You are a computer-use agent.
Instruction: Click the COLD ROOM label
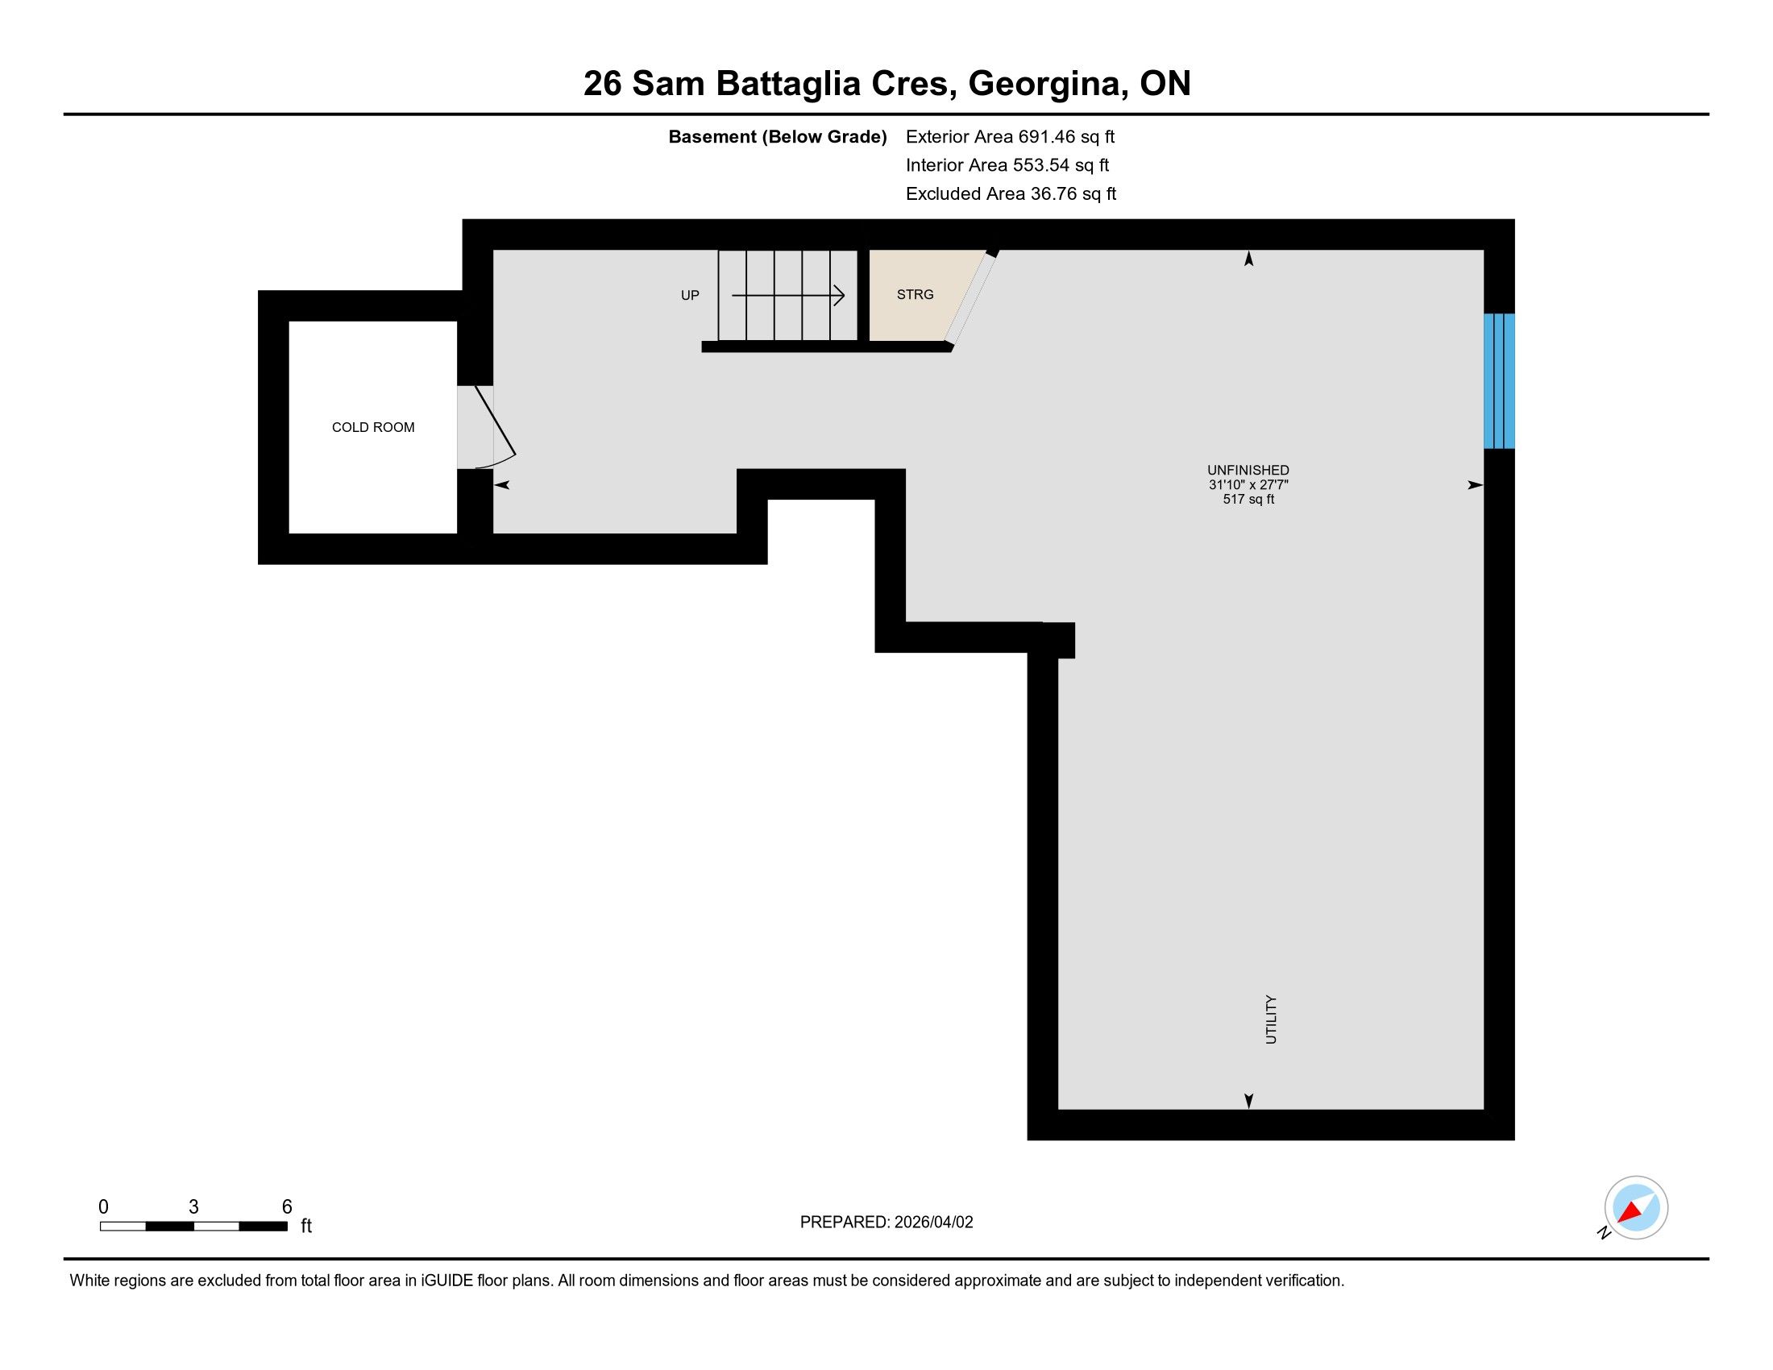(x=372, y=427)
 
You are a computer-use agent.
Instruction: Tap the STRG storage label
(x=915, y=295)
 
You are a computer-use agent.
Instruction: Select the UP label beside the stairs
(x=690, y=296)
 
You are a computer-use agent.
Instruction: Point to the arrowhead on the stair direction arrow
(x=840, y=296)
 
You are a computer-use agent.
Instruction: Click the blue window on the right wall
(x=1500, y=380)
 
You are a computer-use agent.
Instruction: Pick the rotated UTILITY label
(x=1271, y=1019)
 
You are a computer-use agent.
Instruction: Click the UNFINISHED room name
(x=1248, y=470)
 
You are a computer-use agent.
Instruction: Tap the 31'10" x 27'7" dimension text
(x=1248, y=484)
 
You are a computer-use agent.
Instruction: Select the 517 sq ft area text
(x=1248, y=499)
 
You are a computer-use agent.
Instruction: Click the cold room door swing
(x=494, y=428)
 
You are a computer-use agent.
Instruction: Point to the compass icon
(x=1636, y=1208)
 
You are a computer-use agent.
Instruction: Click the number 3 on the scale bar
(x=193, y=1207)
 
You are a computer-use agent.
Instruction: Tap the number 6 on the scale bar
(x=287, y=1207)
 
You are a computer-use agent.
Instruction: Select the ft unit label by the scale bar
(x=306, y=1226)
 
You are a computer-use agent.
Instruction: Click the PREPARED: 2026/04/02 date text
(x=886, y=1223)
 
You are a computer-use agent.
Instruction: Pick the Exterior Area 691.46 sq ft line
(x=1010, y=136)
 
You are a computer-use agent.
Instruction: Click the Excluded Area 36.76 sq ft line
(x=1011, y=193)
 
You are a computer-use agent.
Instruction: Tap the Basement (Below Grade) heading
(x=777, y=136)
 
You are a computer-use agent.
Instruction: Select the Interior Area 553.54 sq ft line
(x=1007, y=164)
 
